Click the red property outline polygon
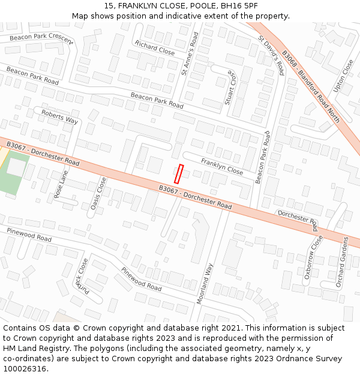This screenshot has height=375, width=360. tap(178, 173)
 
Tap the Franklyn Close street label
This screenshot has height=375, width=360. tap(222, 167)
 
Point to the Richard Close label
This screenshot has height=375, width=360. tap(155, 48)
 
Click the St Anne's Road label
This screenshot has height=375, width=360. tap(190, 54)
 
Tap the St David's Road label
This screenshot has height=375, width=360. tap(271, 55)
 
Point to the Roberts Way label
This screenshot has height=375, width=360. tap(60, 116)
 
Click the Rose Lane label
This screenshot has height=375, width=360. tap(61, 185)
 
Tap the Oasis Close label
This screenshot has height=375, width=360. tap(98, 193)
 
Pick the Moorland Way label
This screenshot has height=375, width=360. tap(205, 284)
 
